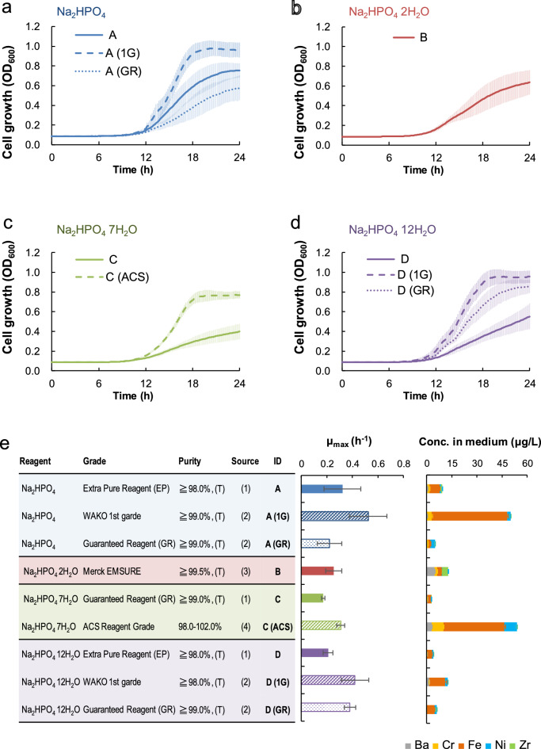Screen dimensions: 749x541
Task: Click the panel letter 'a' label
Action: (x=6, y=9)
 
